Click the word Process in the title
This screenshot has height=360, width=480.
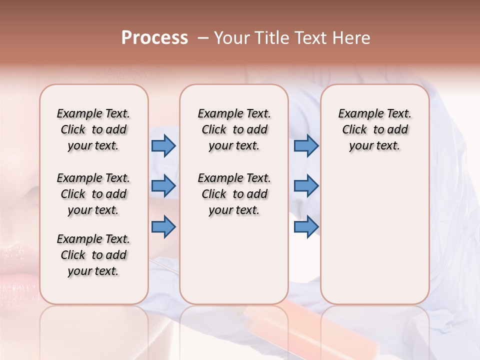tap(154, 38)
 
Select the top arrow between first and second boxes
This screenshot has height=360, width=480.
tap(163, 145)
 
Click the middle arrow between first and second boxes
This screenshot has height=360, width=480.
tap(163, 186)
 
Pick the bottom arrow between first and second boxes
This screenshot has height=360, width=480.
tap(163, 226)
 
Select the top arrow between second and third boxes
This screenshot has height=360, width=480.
tap(306, 145)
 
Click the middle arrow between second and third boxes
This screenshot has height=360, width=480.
tap(306, 186)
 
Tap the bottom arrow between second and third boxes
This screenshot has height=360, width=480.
tap(306, 226)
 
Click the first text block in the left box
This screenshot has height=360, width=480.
tap(93, 129)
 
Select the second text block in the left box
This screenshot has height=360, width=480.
tap(93, 194)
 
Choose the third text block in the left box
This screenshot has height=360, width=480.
tap(93, 255)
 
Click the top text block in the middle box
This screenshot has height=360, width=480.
tap(234, 129)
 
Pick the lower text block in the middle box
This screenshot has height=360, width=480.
tap(234, 194)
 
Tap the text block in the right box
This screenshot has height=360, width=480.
tap(374, 129)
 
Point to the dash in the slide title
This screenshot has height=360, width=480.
tap(203, 38)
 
